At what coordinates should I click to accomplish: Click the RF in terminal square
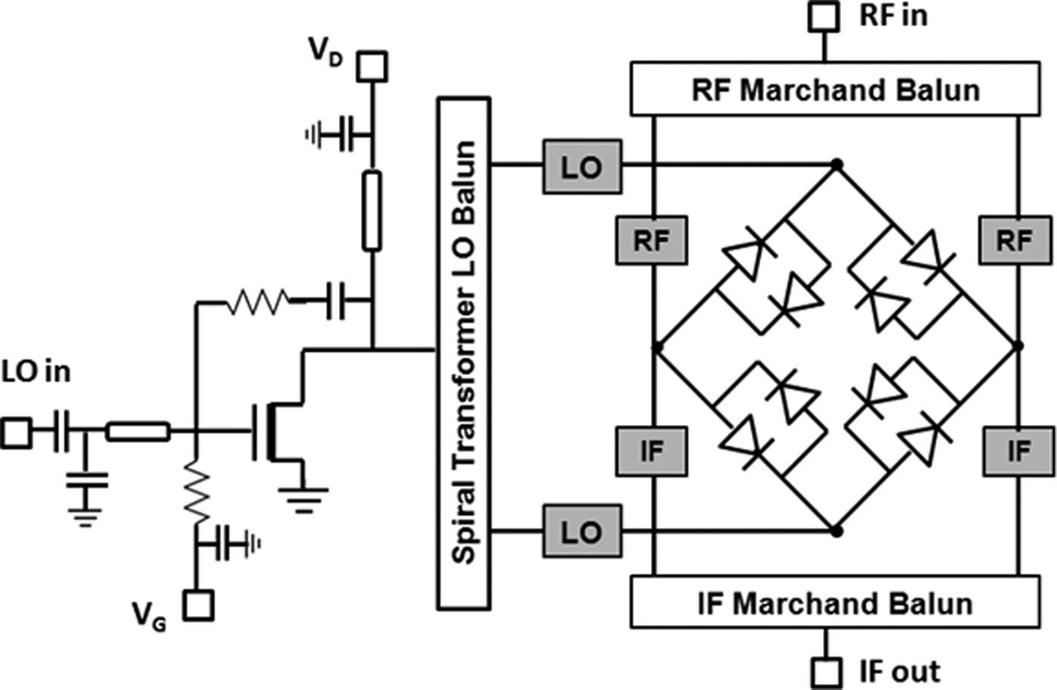point(824,16)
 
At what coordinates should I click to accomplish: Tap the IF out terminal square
point(826,671)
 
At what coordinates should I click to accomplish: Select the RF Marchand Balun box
point(834,90)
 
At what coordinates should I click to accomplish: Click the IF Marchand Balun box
point(834,602)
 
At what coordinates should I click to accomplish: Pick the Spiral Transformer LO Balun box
point(464,353)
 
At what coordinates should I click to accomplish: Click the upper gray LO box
point(581,167)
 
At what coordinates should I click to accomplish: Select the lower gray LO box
point(581,531)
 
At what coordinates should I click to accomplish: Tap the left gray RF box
point(652,240)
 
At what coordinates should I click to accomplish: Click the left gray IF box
point(652,451)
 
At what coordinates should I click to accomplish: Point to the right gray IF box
point(1018,451)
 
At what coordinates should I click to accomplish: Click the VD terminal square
point(371,66)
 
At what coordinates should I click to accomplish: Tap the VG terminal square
point(199,605)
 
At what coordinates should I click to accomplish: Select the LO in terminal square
point(16,433)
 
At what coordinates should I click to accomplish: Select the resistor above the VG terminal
point(196,494)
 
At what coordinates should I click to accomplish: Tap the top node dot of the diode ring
point(836,164)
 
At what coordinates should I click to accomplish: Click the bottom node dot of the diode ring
point(836,531)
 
